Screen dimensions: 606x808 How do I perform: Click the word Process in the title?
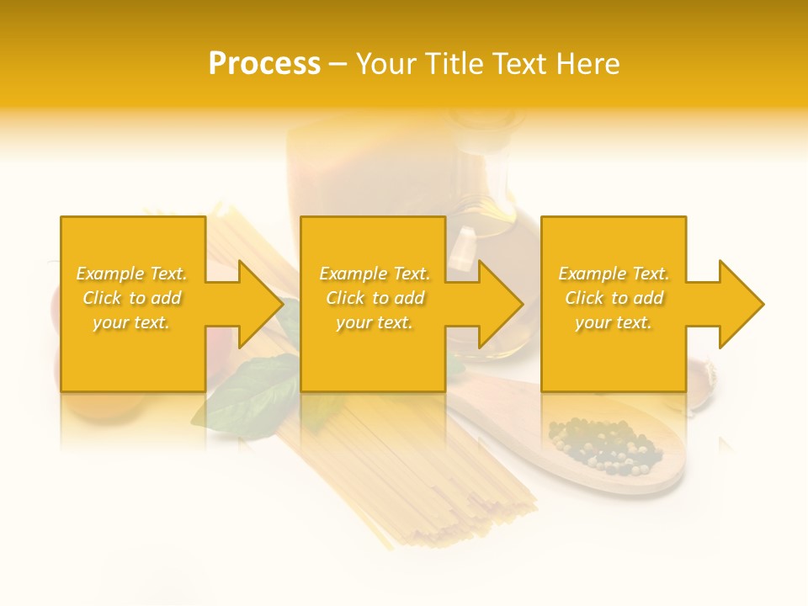tap(264, 64)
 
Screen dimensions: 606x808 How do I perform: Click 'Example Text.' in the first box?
tap(131, 274)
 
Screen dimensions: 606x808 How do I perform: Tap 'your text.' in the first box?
tap(131, 322)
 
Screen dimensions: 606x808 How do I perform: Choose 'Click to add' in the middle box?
tap(375, 298)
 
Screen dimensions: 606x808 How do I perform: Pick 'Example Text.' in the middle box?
tap(375, 274)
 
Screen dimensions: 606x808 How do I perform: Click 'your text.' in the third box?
tap(614, 322)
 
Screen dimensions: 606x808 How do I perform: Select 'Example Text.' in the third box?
tap(614, 274)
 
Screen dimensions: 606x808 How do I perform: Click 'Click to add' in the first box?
tap(131, 298)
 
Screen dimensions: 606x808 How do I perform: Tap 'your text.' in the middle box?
tap(375, 322)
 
